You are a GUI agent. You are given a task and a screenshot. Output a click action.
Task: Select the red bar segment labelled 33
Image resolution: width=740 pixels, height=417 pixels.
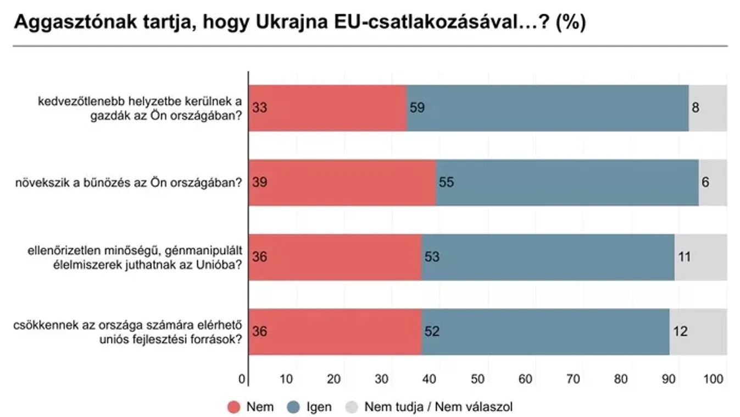328,108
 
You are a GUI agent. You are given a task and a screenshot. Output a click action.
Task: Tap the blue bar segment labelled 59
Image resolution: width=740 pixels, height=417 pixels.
548,108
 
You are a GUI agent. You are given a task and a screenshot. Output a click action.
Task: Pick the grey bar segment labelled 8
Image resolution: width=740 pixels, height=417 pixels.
708,108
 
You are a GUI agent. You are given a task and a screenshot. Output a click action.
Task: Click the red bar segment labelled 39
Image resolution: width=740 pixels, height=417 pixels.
342,182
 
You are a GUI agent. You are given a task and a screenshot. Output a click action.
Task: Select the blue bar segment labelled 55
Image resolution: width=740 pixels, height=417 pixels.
567,182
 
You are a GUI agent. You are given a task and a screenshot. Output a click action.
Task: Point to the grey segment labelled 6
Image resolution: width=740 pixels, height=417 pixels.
713,182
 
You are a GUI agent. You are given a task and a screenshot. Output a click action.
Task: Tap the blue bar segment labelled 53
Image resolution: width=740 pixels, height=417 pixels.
548,257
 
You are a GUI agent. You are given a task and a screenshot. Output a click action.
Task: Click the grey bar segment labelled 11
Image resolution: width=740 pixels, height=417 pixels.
700,257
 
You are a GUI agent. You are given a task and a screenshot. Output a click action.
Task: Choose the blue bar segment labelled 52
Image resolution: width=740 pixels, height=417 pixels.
546,331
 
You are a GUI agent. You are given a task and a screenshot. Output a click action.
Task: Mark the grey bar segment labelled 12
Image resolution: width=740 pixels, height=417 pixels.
698,331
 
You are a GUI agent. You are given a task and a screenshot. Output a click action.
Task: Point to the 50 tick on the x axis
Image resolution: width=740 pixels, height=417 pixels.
477,379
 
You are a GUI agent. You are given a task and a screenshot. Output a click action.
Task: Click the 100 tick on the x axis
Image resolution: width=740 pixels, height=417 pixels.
718,379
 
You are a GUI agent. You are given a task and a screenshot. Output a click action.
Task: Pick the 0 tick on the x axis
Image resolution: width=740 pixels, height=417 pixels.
242,379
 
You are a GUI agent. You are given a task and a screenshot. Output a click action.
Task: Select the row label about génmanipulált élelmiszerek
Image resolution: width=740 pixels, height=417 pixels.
135,257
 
